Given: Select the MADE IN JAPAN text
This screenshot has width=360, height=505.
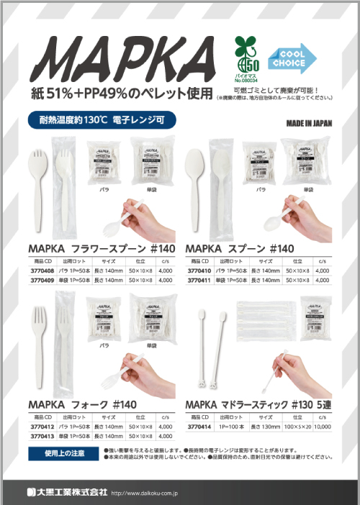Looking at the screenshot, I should click(309, 122).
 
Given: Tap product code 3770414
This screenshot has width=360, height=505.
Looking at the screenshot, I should click(199, 427).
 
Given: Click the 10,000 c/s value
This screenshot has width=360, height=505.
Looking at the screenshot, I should click(323, 427).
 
